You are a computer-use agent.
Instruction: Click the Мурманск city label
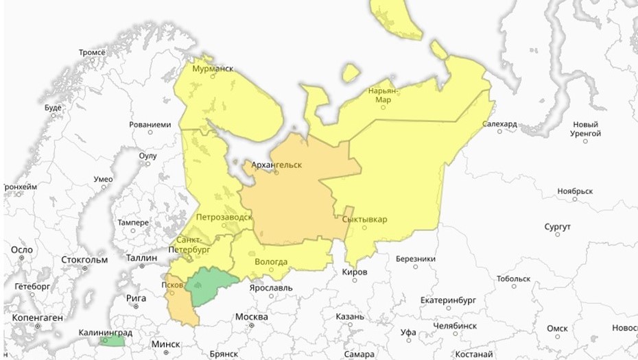tap(213, 69)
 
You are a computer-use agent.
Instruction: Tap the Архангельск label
tap(276, 165)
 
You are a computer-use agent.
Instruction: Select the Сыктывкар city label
tap(364, 219)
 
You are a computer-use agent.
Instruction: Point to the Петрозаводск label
tap(224, 217)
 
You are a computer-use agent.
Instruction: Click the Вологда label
tap(270, 261)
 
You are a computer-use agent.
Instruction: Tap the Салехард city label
tap(499, 124)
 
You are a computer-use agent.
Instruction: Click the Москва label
tap(251, 317)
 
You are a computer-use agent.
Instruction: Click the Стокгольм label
tap(84, 260)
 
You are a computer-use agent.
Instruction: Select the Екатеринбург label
tap(448, 300)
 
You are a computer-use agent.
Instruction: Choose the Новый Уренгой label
tap(586, 129)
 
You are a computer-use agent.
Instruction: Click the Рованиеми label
tap(150, 125)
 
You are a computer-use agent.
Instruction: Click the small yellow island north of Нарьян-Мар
tap(351, 72)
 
